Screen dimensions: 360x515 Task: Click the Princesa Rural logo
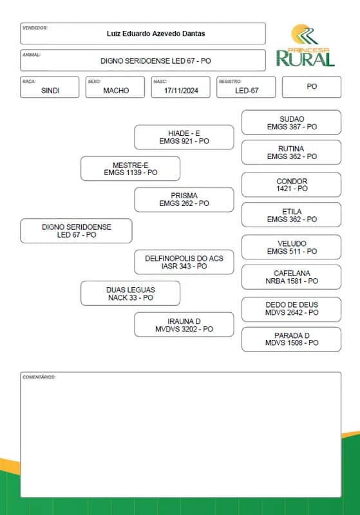coord(305,45)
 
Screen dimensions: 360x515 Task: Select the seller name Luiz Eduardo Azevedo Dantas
coord(156,33)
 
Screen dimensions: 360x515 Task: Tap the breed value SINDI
coord(50,91)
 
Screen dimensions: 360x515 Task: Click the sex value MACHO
coord(116,91)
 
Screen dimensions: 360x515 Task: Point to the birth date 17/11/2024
coord(181,91)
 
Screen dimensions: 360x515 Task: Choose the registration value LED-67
coord(247,91)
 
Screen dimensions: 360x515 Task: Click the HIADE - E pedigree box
coord(184,137)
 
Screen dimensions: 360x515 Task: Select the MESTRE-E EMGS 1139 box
coord(130,169)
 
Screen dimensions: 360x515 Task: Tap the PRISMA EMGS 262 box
coord(184,200)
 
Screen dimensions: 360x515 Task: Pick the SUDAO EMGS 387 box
coord(291,122)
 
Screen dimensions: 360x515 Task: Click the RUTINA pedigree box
coord(291,153)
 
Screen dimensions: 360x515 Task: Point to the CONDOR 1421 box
coord(291,185)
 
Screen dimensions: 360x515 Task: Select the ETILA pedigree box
coord(291,215)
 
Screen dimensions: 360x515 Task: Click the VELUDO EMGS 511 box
coord(291,247)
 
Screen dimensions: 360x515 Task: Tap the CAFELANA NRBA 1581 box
coord(291,277)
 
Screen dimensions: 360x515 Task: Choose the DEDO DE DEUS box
coord(291,310)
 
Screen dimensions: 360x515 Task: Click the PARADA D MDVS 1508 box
coord(291,339)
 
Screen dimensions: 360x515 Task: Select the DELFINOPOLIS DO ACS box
coord(184,262)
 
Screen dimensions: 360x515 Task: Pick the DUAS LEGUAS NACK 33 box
coord(130,294)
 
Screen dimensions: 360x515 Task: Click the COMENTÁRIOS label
coord(39,377)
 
